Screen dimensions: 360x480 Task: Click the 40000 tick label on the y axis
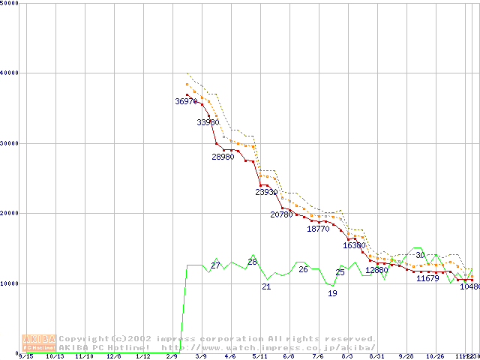(x=10, y=73)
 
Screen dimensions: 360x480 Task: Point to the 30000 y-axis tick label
(x=10, y=143)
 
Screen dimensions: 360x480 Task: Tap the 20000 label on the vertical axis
(x=10, y=213)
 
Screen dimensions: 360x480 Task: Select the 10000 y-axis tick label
(x=10, y=283)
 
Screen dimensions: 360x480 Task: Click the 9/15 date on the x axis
(x=26, y=357)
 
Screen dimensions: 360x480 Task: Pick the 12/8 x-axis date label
(x=114, y=357)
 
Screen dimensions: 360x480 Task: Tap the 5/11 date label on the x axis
(x=259, y=357)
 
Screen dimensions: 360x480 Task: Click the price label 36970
(x=187, y=101)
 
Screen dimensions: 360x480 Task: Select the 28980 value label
(x=223, y=157)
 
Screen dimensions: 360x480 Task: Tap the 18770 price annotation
(x=318, y=229)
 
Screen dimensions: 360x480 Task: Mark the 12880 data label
(x=376, y=270)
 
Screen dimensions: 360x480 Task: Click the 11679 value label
(x=427, y=278)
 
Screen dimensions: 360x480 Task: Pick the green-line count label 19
(x=332, y=293)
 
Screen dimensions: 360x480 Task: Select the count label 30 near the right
(x=420, y=256)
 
